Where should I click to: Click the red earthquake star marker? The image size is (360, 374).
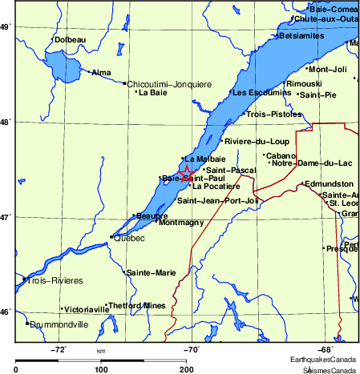tap(186, 173)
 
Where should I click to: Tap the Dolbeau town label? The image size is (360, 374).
tap(70, 38)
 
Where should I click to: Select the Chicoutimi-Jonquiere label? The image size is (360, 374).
tap(169, 82)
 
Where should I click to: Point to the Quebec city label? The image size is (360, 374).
tap(129, 238)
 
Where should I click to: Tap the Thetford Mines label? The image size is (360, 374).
tap(136, 305)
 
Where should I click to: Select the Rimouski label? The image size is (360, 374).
tap(304, 84)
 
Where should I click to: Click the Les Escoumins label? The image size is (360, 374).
tap(262, 93)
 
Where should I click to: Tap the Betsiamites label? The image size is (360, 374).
tap(301, 36)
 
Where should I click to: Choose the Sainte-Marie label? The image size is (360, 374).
tap(152, 273)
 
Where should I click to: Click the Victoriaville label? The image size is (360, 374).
tap(86, 308)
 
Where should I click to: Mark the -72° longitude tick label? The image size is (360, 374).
tap(59, 349)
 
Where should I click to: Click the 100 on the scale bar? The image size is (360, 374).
tap(101, 369)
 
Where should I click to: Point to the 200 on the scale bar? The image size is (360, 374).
tap(186, 369)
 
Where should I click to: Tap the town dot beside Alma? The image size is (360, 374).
tap(90, 72)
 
